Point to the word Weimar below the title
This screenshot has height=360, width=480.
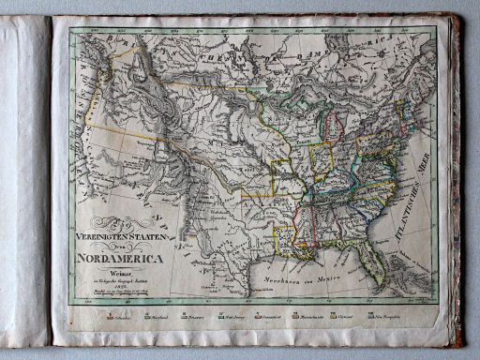(x=118, y=269)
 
